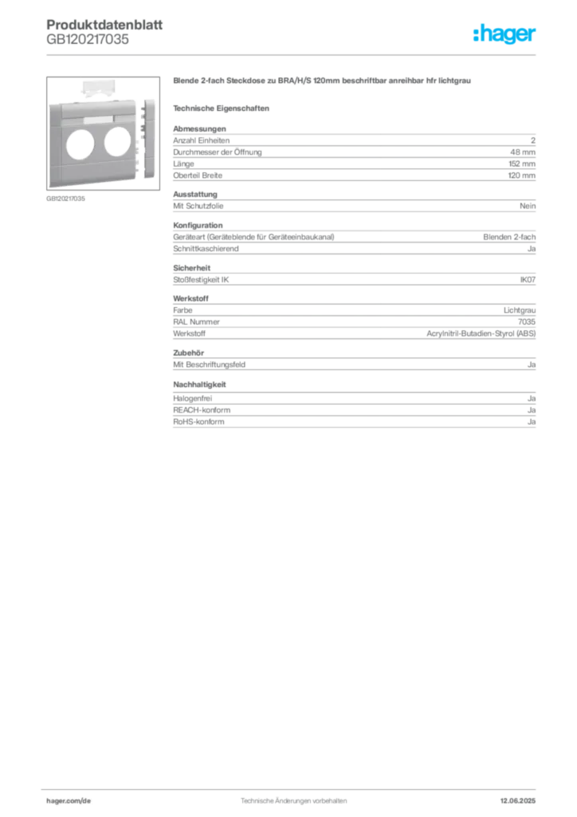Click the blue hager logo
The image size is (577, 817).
click(x=505, y=36)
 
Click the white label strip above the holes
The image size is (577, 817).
click(x=99, y=120)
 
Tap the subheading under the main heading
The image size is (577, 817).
click(x=223, y=106)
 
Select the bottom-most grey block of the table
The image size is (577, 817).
click(x=353, y=417)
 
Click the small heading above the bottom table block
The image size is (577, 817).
click(x=194, y=395)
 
